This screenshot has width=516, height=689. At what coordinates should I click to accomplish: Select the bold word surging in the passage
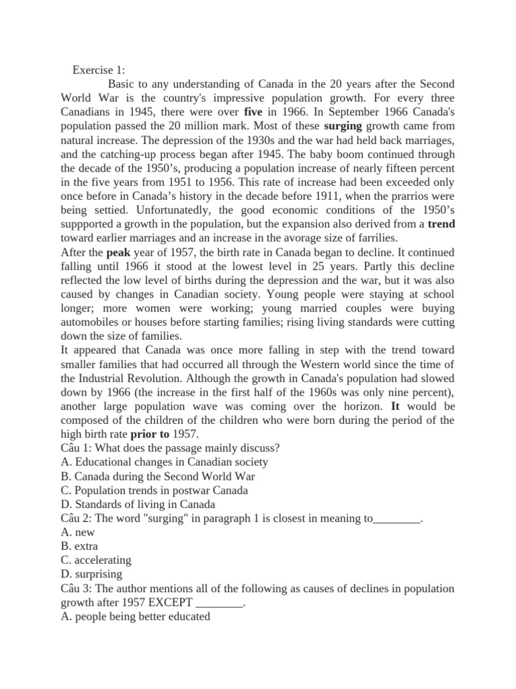click(x=343, y=126)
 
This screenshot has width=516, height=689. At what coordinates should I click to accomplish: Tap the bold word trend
click(x=441, y=224)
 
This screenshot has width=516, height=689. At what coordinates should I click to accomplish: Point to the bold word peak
click(x=116, y=252)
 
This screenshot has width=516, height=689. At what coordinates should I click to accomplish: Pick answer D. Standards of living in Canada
click(x=138, y=504)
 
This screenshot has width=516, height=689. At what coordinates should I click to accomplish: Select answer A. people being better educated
click(x=135, y=616)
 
